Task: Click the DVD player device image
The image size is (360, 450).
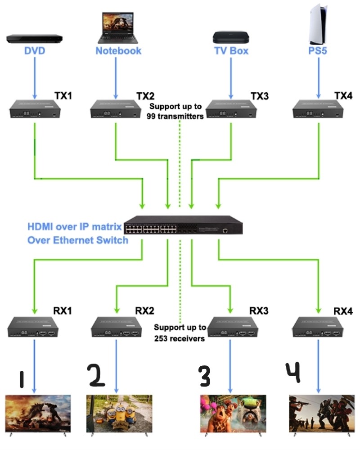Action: point(35,38)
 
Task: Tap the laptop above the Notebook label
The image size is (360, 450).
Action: point(118,28)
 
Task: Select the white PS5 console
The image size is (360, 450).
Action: point(318,24)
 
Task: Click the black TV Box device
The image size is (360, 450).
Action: point(231,38)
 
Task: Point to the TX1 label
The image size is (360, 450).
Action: point(63,95)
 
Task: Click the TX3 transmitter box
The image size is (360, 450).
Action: point(231,109)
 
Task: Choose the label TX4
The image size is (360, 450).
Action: point(343,95)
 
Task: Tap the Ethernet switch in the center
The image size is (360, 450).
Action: point(184,225)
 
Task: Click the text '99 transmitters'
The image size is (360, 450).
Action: point(175,116)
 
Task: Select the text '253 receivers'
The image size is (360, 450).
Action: point(180,339)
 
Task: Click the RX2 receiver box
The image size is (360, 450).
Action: point(116,327)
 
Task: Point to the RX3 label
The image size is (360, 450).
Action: point(259,311)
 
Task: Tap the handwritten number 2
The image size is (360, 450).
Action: point(96,375)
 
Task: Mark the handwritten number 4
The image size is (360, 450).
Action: point(293,372)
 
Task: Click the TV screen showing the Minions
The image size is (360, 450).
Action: point(119,414)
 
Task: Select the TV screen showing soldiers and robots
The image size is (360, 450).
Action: point(322,414)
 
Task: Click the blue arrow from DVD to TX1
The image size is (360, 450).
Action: point(35,78)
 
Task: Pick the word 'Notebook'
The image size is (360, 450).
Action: point(118,51)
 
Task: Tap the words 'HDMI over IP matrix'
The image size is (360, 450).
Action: point(75,227)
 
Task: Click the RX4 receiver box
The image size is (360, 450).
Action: point(318,327)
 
